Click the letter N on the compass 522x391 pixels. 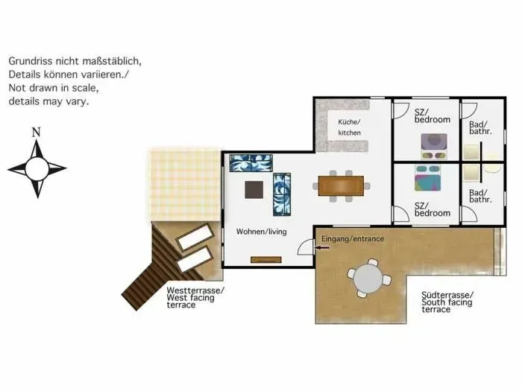(x=36, y=133)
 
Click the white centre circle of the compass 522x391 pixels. (x=37, y=169)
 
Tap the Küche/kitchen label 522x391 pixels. (x=349, y=127)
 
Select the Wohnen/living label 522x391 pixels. (x=261, y=232)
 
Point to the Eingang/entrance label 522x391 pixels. (x=353, y=239)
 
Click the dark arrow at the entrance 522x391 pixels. (x=322, y=247)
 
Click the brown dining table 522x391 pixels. (x=341, y=186)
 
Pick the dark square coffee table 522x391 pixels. (x=254, y=189)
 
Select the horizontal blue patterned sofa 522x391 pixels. (x=251, y=163)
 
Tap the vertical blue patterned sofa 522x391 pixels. (x=282, y=194)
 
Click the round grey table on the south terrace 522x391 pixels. (x=368, y=279)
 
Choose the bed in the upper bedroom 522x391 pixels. (x=434, y=146)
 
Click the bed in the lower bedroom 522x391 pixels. (x=428, y=178)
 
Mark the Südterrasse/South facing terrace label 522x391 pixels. (x=447, y=302)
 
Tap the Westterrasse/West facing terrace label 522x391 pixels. (x=195, y=298)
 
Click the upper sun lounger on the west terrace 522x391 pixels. (x=195, y=236)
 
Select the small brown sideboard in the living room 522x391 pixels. (x=266, y=260)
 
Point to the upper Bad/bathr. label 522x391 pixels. (x=480, y=127)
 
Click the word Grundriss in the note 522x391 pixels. (x=31, y=61)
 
